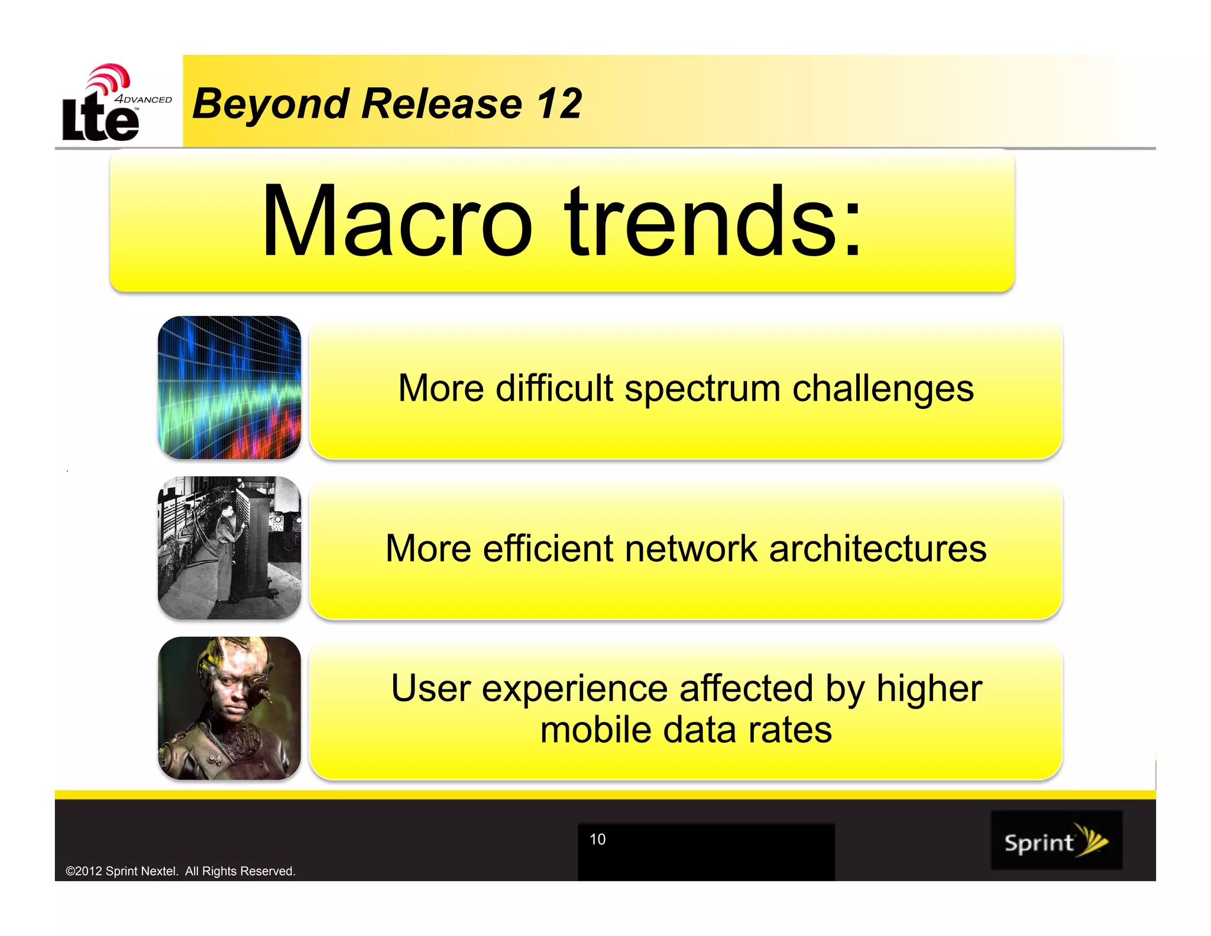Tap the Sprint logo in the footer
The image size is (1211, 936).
(x=1056, y=841)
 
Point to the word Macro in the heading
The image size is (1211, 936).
(x=397, y=221)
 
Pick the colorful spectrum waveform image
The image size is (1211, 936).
(x=229, y=388)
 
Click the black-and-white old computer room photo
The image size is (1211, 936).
(x=229, y=548)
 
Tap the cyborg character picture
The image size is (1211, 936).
(x=229, y=708)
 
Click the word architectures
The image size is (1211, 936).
(x=878, y=548)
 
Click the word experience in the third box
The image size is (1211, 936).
(x=574, y=690)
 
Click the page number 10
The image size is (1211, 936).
(x=597, y=839)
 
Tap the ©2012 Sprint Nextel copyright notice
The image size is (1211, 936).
(x=180, y=871)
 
